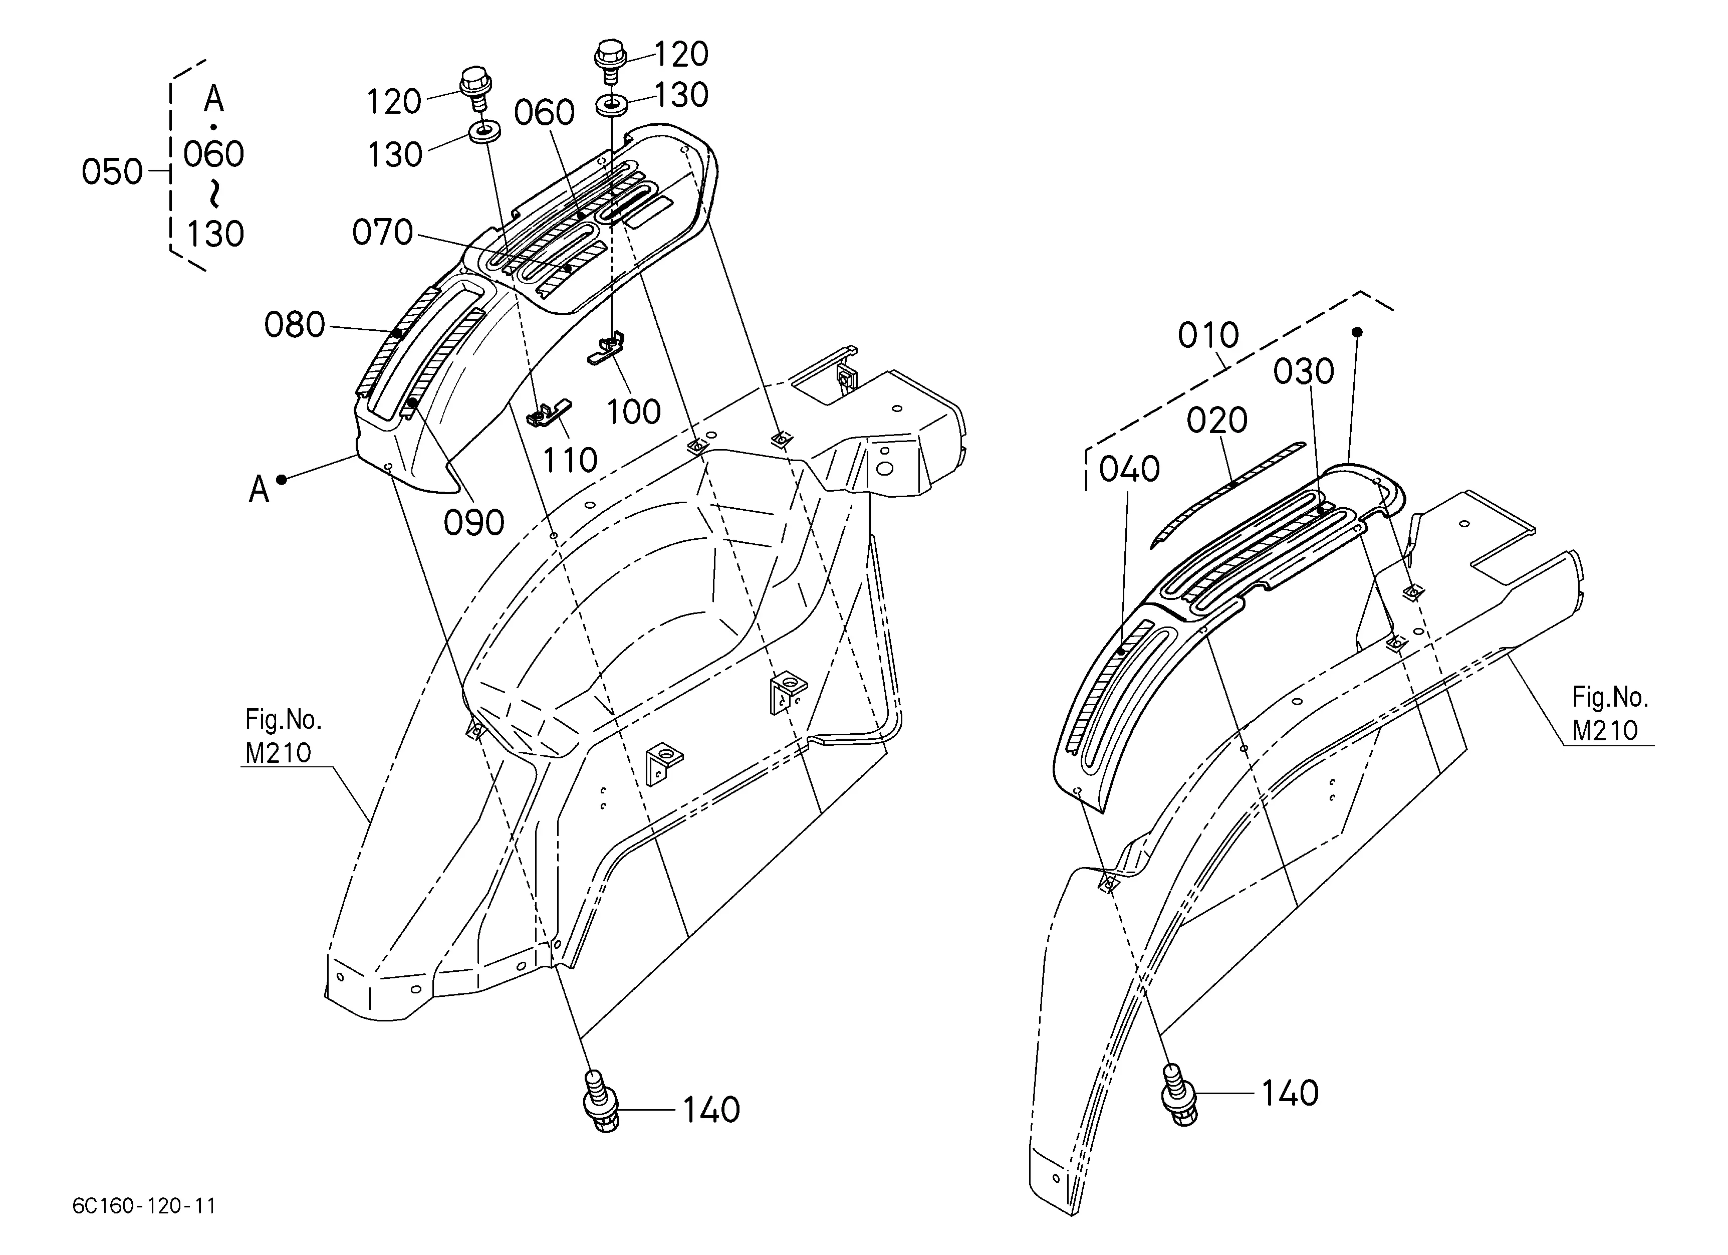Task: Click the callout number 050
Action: [x=112, y=172]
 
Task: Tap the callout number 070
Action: [x=382, y=233]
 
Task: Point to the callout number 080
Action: [x=295, y=325]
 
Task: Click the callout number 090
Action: [x=474, y=523]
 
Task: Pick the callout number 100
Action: [x=633, y=412]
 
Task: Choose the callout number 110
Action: [x=570, y=460]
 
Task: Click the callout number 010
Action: [x=1208, y=335]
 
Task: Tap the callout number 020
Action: [x=1217, y=421]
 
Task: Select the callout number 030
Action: [x=1304, y=372]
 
